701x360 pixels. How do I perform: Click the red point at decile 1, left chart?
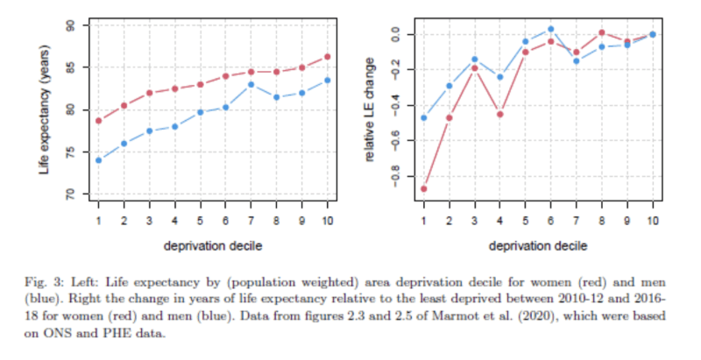tap(98, 121)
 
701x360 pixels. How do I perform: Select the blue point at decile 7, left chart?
tap(251, 84)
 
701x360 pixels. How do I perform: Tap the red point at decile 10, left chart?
tap(328, 57)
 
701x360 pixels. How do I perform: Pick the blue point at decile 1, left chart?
tap(98, 160)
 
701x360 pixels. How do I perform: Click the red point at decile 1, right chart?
tap(424, 188)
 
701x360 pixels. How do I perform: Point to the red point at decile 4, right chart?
tap(500, 114)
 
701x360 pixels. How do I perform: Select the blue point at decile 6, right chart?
tap(551, 29)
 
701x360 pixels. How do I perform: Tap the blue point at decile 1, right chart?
tap(424, 117)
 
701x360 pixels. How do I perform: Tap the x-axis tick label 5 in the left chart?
tap(200, 221)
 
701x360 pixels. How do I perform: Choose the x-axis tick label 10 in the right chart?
tap(653, 221)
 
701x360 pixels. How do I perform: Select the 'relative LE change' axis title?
tap(371, 109)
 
